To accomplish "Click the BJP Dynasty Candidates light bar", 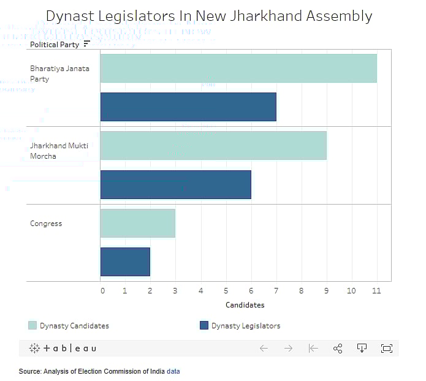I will tap(238, 68).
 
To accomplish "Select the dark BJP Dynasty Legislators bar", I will tap(188, 107).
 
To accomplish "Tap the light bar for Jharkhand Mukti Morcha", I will tap(213, 145).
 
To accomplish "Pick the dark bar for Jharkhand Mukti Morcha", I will tap(175, 184).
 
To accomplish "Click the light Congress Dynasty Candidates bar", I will tap(137, 223).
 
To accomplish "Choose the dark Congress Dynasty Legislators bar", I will tap(125, 262).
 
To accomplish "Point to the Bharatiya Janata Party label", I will tap(59, 74).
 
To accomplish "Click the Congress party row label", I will tap(46, 224).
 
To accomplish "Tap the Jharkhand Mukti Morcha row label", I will tap(51, 151).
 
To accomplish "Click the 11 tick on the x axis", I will tap(376, 290).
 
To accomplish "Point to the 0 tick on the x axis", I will tap(102, 290).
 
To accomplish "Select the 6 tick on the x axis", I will tap(251, 290).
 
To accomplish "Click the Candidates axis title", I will tap(245, 304).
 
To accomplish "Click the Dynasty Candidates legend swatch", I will tap(32, 325).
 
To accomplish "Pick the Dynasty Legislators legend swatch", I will tap(204, 325).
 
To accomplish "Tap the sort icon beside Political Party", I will tap(86, 44).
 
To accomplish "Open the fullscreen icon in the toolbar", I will tap(386, 348).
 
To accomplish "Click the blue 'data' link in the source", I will tap(173, 371).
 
